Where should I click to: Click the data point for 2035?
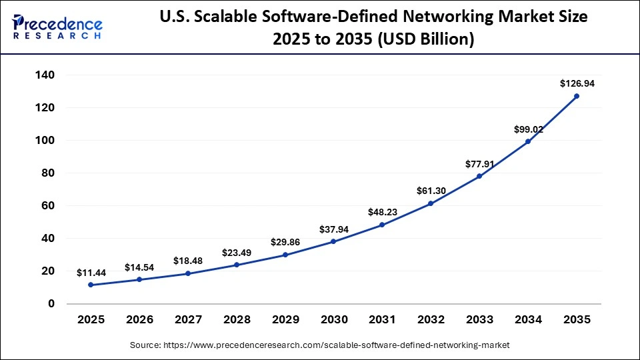pos(577,96)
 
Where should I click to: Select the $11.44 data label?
pos(91,273)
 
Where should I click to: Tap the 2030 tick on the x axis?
pos(333,320)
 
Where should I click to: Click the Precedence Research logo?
pos(57,27)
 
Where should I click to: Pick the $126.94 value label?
pos(577,84)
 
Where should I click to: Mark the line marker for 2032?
pos(431,203)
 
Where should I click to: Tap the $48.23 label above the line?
pos(382,212)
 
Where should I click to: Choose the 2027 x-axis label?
pos(188,320)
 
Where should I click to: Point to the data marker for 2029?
pos(285,255)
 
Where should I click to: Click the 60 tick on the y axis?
pos(47,206)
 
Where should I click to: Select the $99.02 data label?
pos(528,129)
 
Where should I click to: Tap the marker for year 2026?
pos(139,279)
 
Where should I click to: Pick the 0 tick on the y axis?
pos(51,304)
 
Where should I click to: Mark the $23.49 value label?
pos(237,253)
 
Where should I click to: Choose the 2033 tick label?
pos(479,320)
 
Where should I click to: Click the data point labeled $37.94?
pos(333,241)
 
